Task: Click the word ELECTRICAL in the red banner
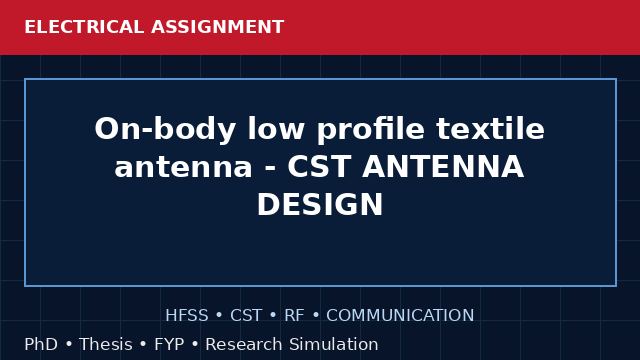(84, 27)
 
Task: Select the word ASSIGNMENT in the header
(218, 27)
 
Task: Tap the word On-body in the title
(165, 130)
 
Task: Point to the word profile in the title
(371, 130)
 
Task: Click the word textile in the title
(491, 129)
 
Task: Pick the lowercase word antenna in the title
(183, 167)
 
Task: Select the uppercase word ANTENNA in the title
(443, 167)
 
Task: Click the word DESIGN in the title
(320, 204)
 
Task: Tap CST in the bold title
(319, 167)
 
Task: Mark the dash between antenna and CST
(270, 169)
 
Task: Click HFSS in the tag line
(187, 315)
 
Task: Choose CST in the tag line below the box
(246, 315)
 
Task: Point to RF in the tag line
(294, 315)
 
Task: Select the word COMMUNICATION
(400, 315)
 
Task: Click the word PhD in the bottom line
(41, 344)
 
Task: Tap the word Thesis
(106, 344)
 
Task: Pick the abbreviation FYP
(169, 344)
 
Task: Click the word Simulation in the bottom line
(333, 344)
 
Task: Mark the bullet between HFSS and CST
(219, 316)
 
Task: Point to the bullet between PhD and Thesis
(69, 344)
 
